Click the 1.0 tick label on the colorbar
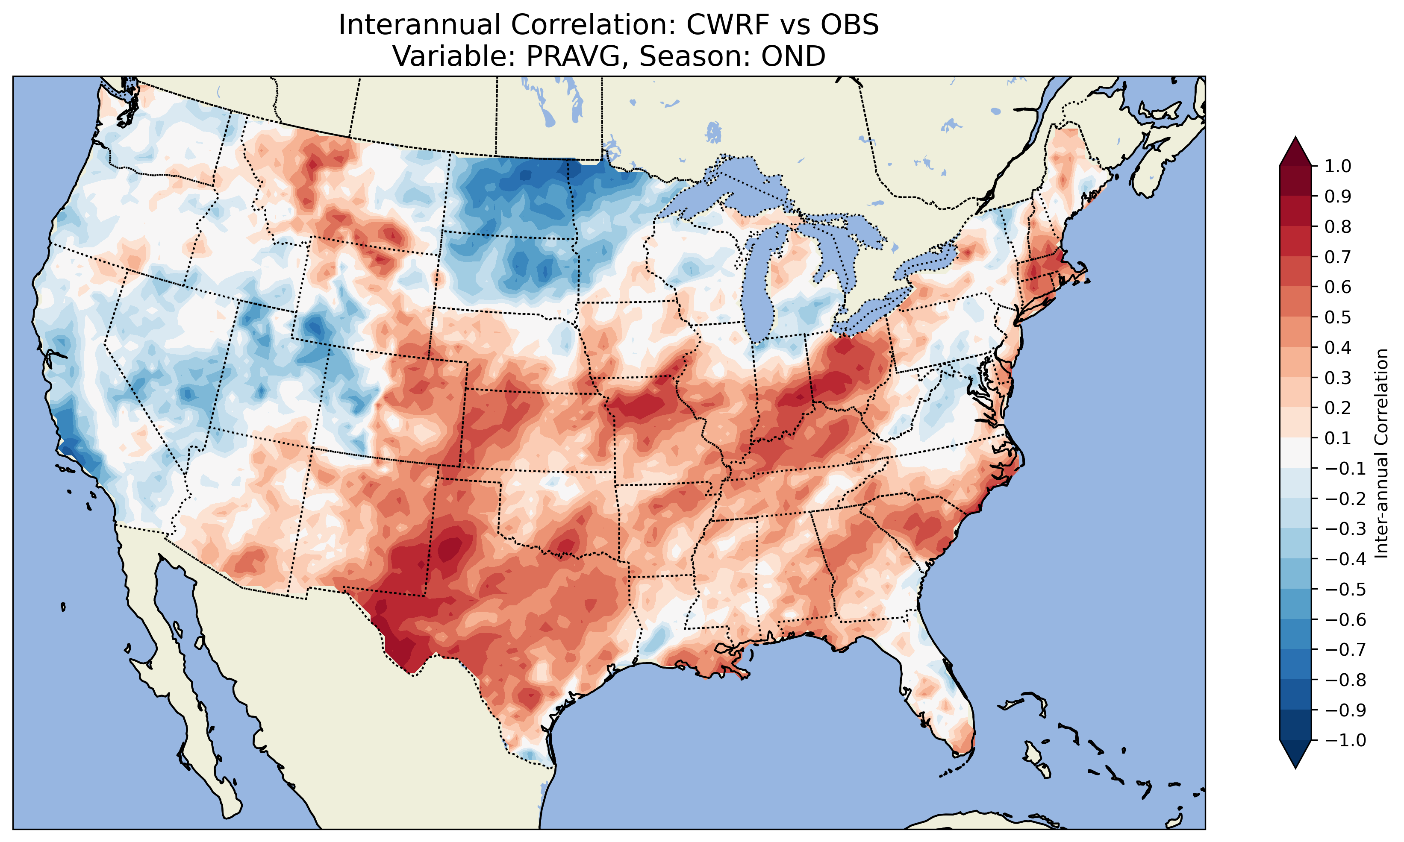tap(1338, 166)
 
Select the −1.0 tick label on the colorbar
tap(1345, 740)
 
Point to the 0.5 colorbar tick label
tap(1338, 317)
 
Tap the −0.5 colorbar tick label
tap(1345, 589)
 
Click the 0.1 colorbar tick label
tap(1338, 438)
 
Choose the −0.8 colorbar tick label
tap(1345, 680)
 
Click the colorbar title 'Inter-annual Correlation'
tap(1382, 453)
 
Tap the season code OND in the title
tap(793, 56)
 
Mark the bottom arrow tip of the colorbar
tap(1295, 768)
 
